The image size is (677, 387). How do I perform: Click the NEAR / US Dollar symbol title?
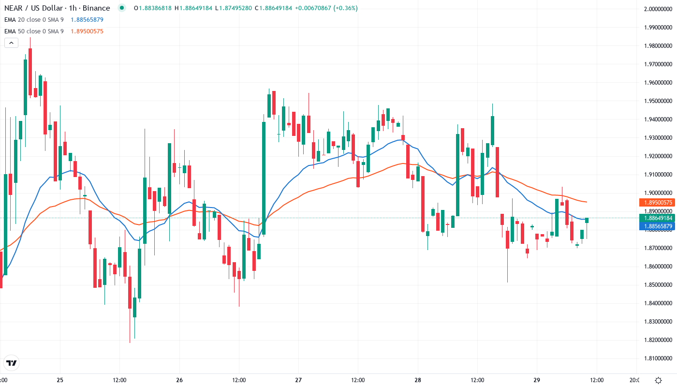(57, 8)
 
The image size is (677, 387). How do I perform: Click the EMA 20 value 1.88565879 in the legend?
(87, 20)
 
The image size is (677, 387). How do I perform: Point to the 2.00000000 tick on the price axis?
(659, 9)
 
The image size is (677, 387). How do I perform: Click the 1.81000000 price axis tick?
(659, 358)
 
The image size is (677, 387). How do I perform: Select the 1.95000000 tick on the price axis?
(659, 101)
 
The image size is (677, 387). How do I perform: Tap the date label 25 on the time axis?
(60, 380)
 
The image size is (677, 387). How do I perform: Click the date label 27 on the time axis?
(298, 380)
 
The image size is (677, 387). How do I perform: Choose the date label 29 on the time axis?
(537, 380)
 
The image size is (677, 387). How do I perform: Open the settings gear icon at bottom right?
(658, 380)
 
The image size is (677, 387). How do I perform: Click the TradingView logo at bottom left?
(12, 363)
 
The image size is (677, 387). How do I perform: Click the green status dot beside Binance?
(121, 8)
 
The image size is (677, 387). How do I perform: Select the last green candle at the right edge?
(587, 221)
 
